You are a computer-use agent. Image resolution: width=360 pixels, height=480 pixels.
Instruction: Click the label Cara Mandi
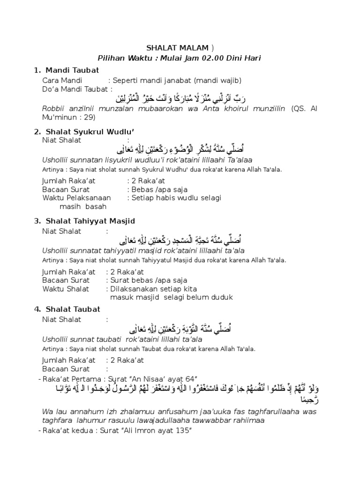coord(62,80)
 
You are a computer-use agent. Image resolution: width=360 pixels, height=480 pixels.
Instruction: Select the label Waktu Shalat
coord(66,288)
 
